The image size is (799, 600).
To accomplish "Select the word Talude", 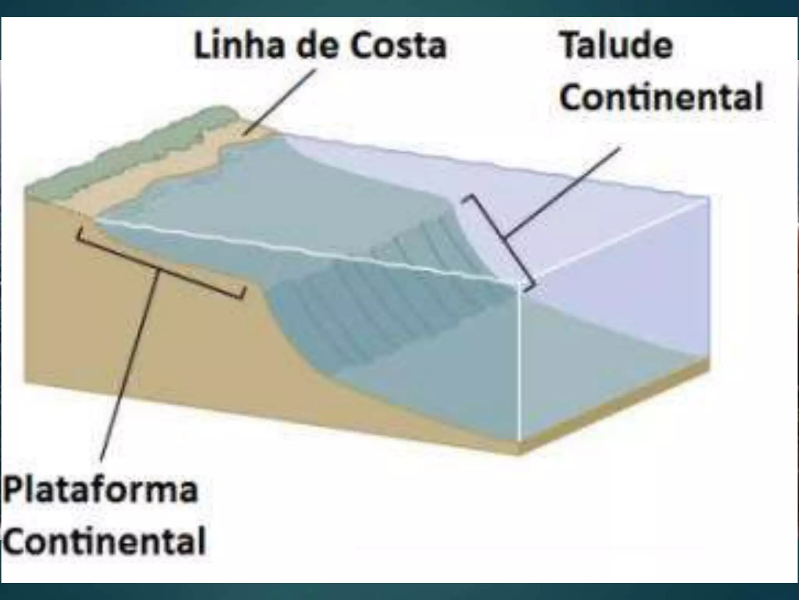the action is pos(616,46).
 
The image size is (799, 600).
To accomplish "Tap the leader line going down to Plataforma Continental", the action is pos(129,367).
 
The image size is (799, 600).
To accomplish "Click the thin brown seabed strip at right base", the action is pos(616,406).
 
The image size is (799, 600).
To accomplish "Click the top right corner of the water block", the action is pos(708,198).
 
